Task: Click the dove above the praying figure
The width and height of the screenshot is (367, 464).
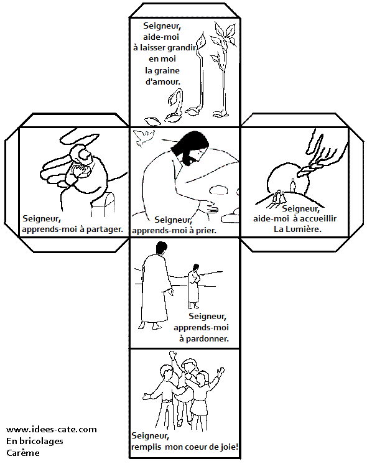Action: [144, 137]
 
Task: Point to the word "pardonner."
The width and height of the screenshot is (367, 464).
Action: [207, 339]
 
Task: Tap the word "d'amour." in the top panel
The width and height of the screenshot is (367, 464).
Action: [162, 81]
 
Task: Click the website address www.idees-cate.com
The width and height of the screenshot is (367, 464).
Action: [52, 429]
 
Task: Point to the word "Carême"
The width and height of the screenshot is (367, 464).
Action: [23, 453]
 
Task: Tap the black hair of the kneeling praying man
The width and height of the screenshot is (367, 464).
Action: [188, 146]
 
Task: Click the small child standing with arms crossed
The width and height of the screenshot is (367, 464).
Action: [194, 286]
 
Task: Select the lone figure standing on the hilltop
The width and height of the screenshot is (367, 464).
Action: [293, 185]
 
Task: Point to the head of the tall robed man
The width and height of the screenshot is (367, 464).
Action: [161, 248]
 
